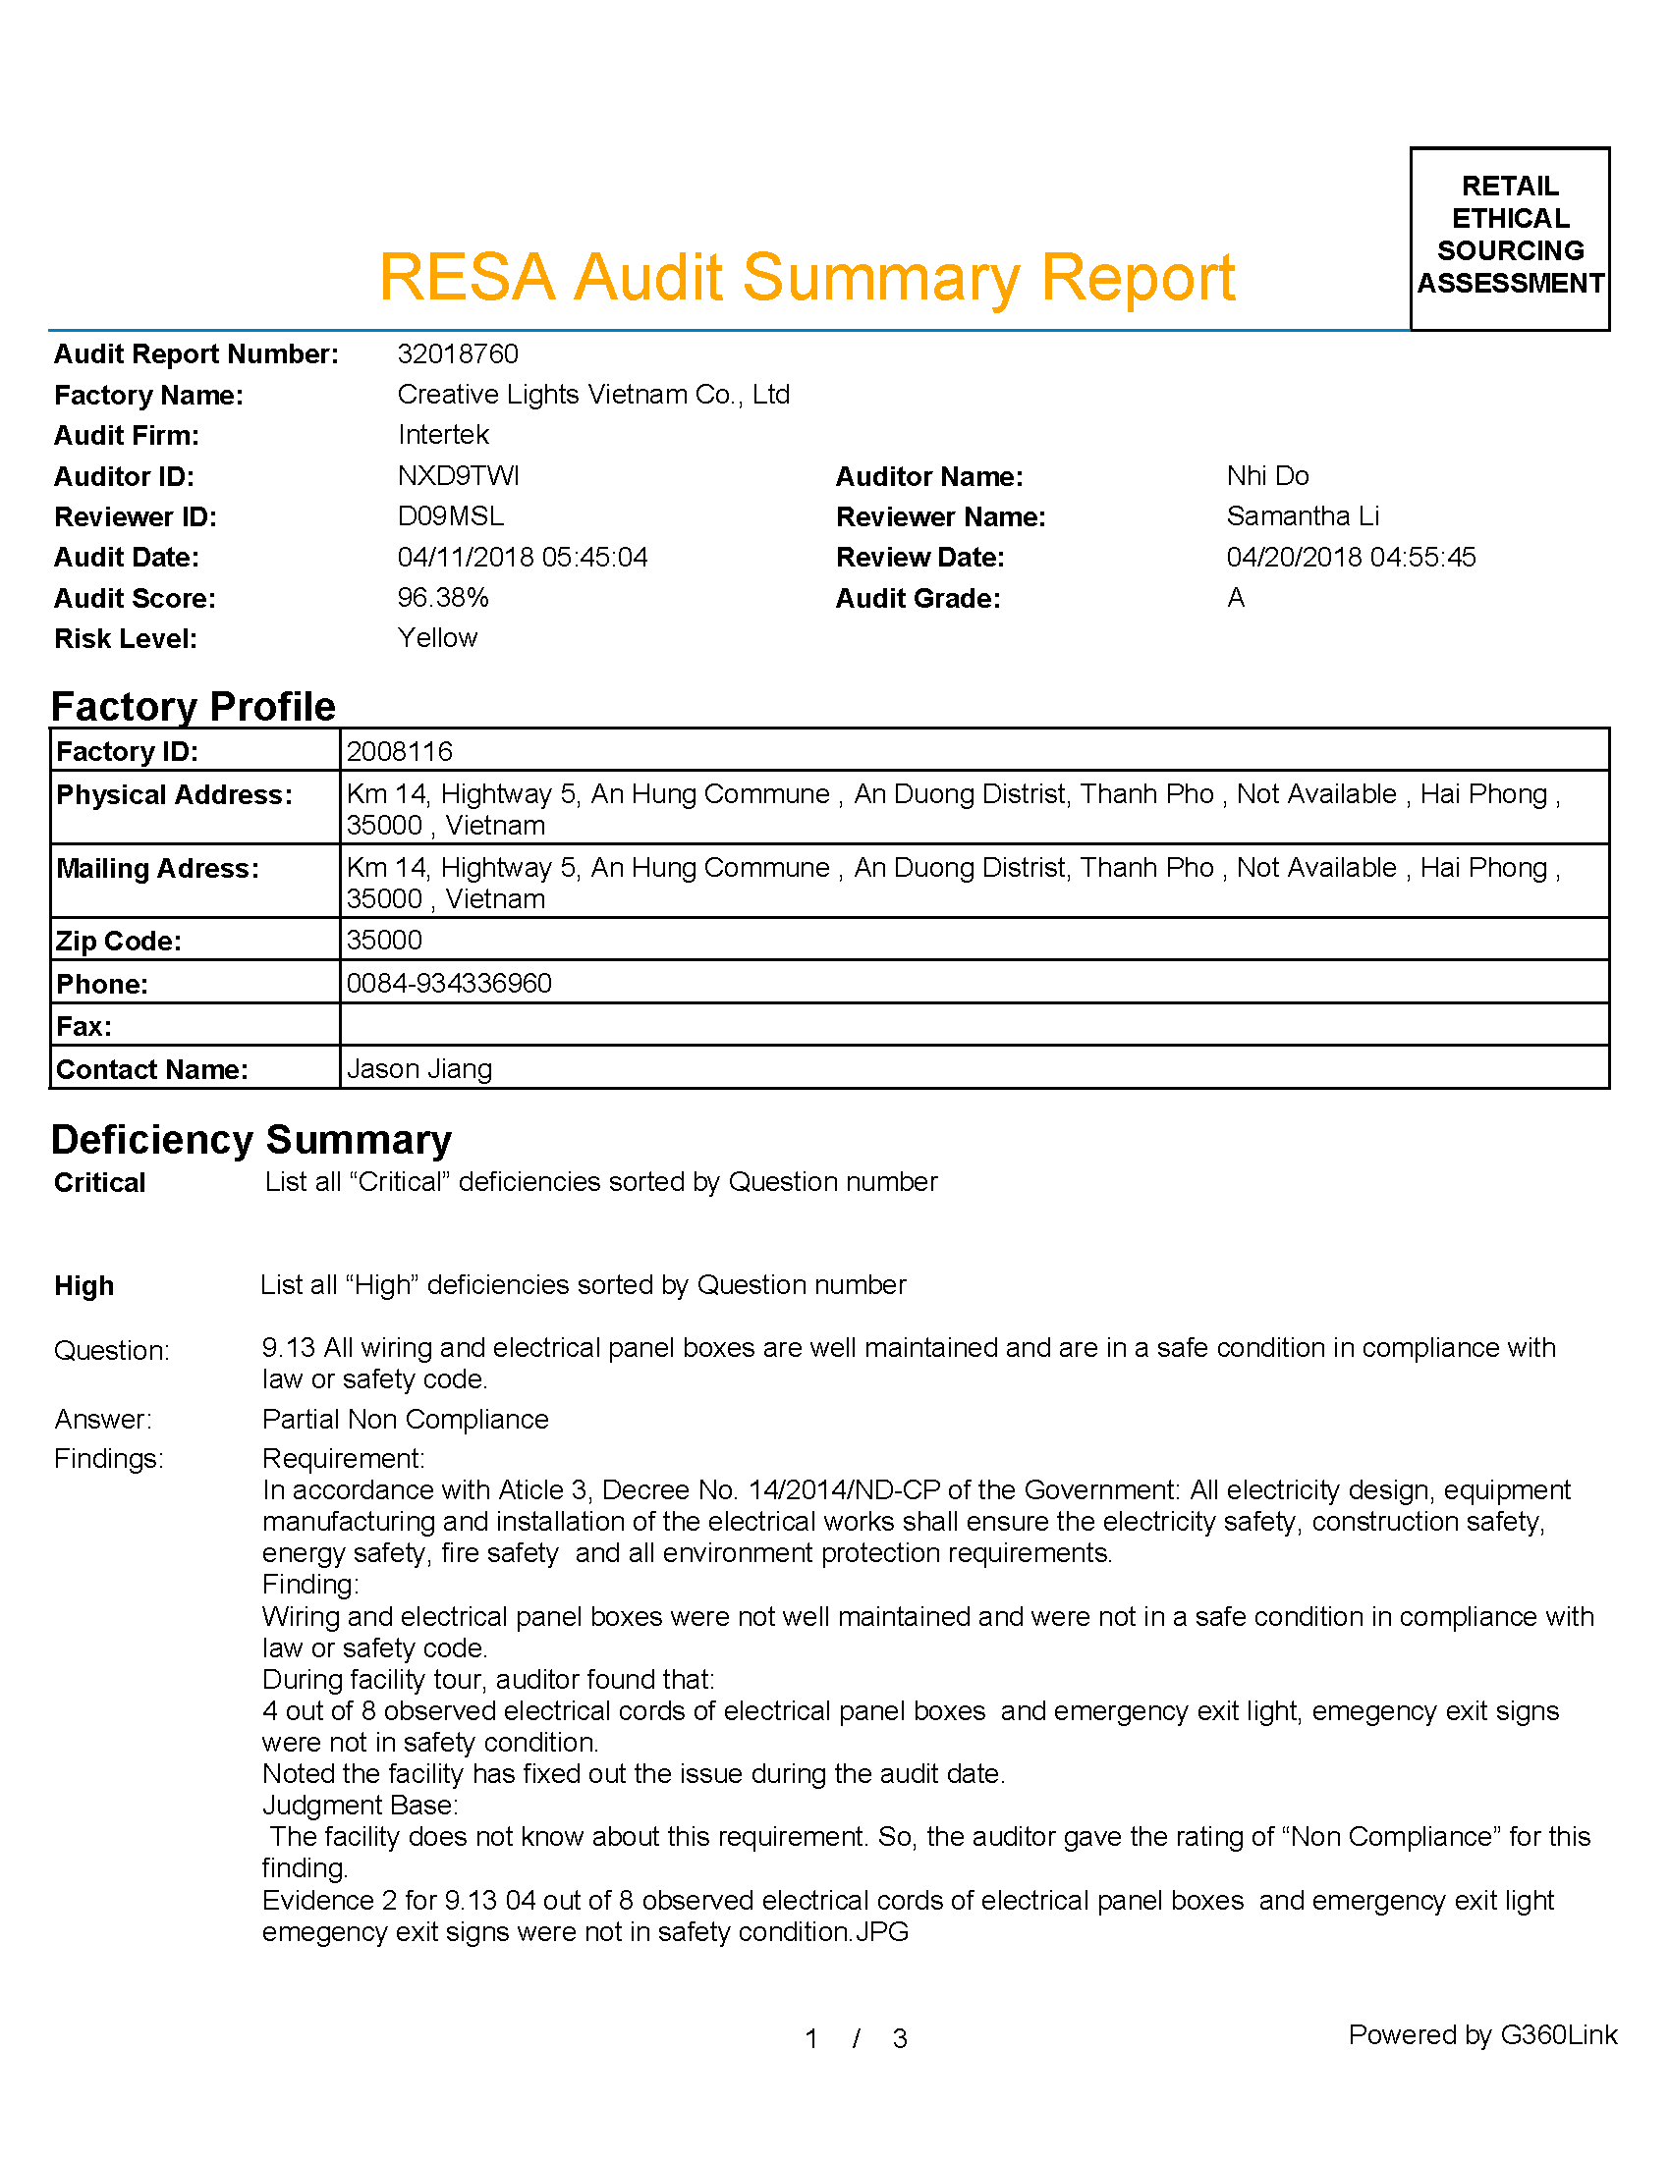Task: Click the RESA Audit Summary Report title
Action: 807,277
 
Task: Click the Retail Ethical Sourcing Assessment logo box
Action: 1509,238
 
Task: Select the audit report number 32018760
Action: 457,354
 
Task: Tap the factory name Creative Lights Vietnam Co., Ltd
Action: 592,395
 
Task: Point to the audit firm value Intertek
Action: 443,435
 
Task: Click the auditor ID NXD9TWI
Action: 458,476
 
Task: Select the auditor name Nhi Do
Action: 1267,476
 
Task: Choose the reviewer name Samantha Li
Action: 1302,516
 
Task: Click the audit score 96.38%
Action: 443,597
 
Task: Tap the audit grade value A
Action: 1236,597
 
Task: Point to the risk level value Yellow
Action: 437,638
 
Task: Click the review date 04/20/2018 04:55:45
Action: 1351,557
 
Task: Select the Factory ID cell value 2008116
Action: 400,752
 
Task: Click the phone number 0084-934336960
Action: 449,983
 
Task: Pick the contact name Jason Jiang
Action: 419,1069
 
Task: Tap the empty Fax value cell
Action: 974,1025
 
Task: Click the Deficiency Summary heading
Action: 251,1139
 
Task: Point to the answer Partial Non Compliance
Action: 405,1420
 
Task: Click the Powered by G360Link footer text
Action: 1482,2034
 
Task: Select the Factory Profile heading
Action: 193,706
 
